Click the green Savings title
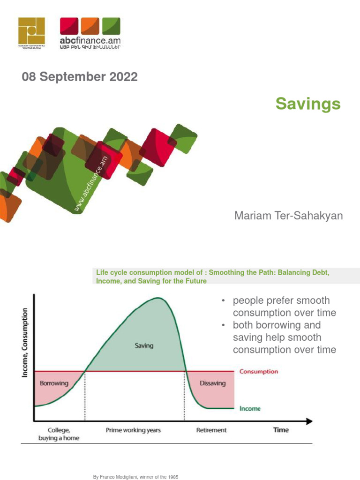coord(307,104)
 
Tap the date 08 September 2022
coord(80,77)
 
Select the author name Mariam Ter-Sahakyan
coord(288,216)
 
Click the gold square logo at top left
coord(32,32)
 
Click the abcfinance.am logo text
coord(90,41)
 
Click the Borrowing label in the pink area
coord(54,383)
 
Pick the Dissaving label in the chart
coord(212,383)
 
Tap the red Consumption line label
coord(258,371)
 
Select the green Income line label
coord(250,409)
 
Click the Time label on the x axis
coord(281,430)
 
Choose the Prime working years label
coord(134,430)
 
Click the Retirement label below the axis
coord(211,430)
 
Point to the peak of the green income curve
coord(159,298)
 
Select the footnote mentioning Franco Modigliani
coord(136,477)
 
